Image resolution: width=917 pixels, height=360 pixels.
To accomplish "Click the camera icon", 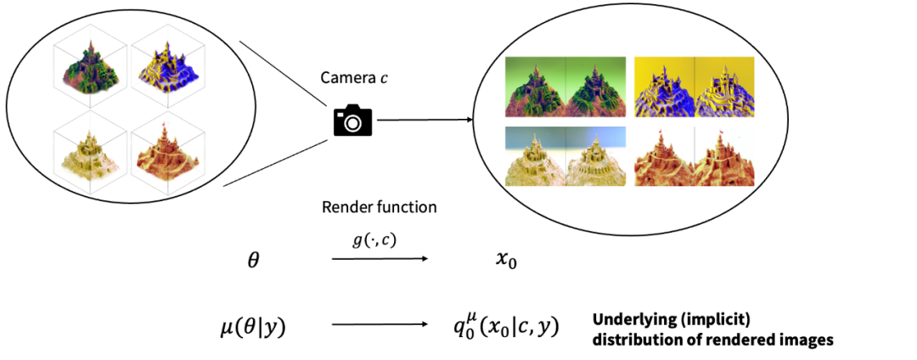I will pos(352,121).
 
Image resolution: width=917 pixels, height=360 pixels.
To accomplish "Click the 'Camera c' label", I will pos(352,77).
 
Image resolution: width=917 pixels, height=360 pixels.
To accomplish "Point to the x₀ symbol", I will pos(507,262).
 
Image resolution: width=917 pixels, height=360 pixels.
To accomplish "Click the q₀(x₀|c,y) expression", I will pos(508,325).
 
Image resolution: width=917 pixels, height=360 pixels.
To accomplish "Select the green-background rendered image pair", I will pos(565,86).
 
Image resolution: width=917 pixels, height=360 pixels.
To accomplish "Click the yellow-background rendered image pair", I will pos(695,86).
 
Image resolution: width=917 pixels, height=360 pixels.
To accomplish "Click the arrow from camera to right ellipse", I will pos(425,121).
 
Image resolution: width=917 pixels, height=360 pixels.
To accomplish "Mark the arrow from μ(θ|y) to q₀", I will pos(380,324).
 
